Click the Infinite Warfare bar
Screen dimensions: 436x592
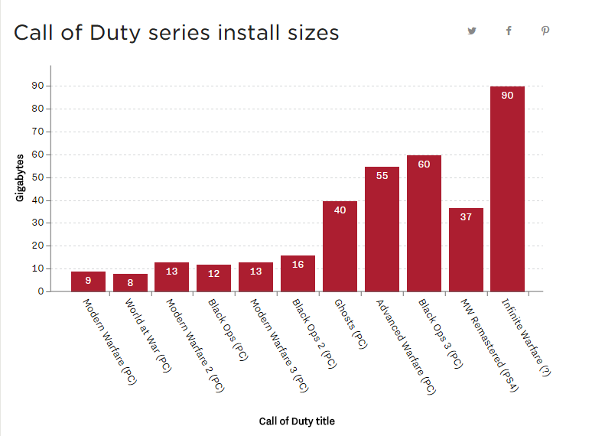pos(507,191)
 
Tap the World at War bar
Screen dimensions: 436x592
pos(130,282)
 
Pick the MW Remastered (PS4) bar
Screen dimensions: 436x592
pos(466,249)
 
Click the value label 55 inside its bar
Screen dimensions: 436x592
pos(382,176)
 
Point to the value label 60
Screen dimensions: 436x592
pos(424,164)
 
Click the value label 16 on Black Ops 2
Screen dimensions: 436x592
pos(298,265)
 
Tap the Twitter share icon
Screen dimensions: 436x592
pos(472,31)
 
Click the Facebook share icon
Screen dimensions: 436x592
pos(509,31)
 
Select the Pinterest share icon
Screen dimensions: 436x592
pos(545,31)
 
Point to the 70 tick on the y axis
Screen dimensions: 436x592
pos(37,132)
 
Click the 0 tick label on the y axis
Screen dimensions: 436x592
pos(40,291)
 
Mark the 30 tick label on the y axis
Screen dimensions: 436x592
pos(37,223)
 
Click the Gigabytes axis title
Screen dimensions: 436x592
pos(20,177)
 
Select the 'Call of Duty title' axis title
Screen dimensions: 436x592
pos(297,421)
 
